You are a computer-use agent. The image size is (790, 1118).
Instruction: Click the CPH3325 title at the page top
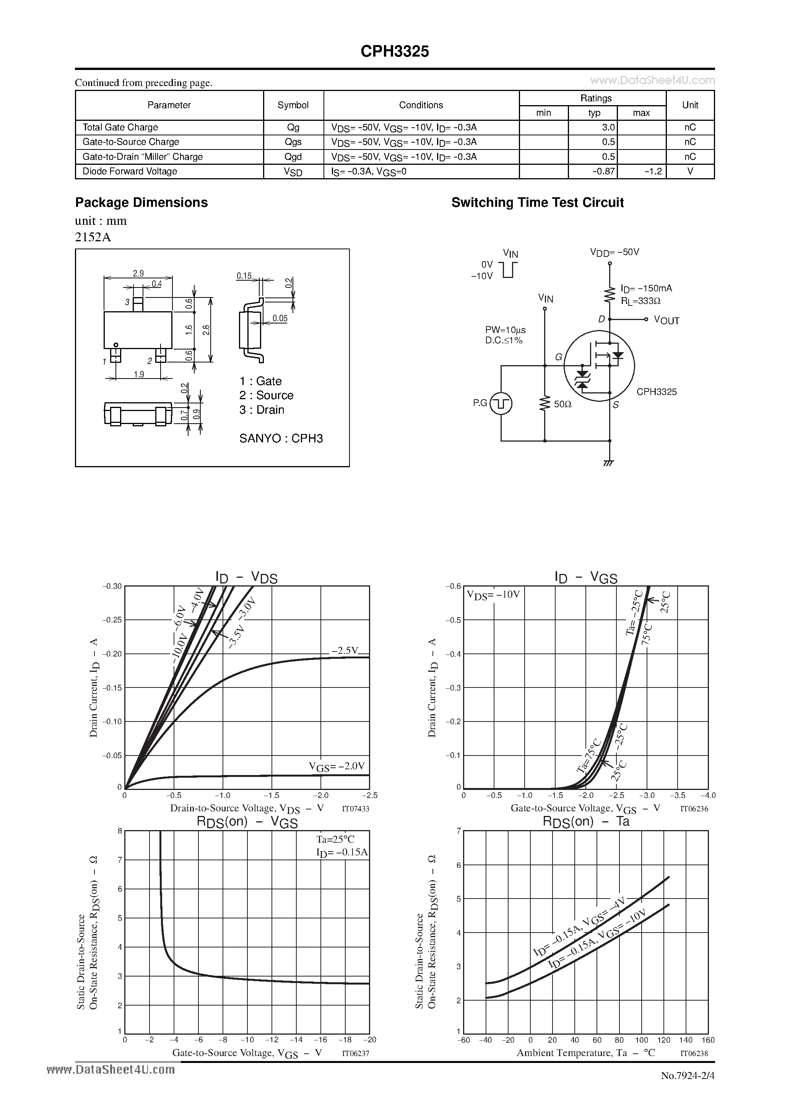click(x=395, y=52)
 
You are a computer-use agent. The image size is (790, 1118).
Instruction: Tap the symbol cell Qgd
click(x=293, y=157)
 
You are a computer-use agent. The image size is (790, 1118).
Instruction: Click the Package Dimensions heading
click(x=141, y=203)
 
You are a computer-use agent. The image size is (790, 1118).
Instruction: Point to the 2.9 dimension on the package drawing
click(x=138, y=274)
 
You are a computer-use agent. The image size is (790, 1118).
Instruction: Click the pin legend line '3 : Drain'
click(x=262, y=410)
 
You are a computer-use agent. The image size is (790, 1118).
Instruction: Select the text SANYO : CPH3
click(x=281, y=439)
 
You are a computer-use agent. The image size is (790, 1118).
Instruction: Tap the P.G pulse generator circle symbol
click(x=501, y=403)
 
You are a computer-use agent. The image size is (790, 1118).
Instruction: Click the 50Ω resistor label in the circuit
click(x=562, y=404)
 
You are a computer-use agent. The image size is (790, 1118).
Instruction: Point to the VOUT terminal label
click(x=666, y=320)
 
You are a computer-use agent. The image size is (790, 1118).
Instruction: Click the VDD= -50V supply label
click(x=614, y=252)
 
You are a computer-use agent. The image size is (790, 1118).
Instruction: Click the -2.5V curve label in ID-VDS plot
click(x=345, y=650)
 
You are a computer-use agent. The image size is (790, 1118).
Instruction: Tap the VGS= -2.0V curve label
click(x=336, y=766)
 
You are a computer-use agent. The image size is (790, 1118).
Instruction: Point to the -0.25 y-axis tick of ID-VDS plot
click(x=112, y=620)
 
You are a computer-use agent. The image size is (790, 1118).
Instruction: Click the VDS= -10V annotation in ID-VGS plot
click(x=493, y=595)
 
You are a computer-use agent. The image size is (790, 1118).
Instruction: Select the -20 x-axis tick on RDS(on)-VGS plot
click(x=370, y=1040)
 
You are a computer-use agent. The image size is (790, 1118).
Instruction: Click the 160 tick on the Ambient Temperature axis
click(x=708, y=1040)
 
